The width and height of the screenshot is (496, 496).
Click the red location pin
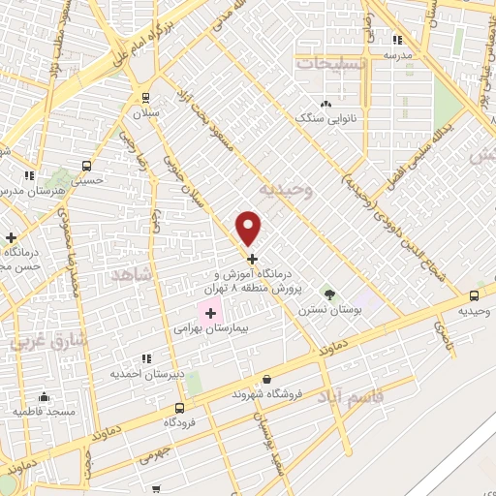click(250, 228)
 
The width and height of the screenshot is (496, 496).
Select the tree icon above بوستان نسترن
click(328, 294)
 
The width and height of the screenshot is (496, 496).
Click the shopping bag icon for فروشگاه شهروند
click(266, 379)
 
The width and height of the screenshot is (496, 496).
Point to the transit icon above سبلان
click(145, 97)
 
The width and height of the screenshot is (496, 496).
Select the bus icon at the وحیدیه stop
click(474, 295)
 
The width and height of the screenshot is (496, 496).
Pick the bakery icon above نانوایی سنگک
click(325, 104)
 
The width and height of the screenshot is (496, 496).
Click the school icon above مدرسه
click(397, 40)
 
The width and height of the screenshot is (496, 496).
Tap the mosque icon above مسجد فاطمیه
click(43, 396)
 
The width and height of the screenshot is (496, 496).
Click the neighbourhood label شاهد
click(134, 275)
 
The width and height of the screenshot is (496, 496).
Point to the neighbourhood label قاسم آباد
click(350, 398)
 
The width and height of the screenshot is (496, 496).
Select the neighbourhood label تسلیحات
click(331, 64)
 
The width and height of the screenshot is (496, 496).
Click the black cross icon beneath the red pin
click(253, 259)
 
